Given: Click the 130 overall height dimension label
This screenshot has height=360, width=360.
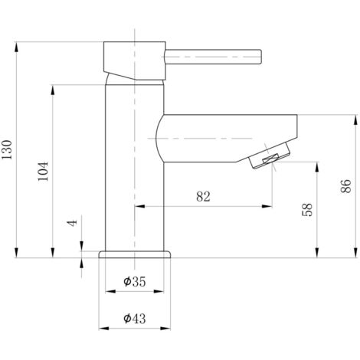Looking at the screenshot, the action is tap(7, 149).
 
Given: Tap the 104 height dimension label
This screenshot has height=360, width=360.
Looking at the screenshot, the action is tap(43, 172).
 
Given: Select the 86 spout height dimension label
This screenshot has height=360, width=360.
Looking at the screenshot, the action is tap(345, 186).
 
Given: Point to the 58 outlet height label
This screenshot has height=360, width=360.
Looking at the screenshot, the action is tap(307, 210).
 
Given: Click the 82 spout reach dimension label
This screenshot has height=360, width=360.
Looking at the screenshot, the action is tap(203, 197).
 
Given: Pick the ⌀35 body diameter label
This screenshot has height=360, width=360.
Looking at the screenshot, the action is tap(135, 282).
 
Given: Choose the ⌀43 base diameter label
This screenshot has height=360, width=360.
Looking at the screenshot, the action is tap(135, 319).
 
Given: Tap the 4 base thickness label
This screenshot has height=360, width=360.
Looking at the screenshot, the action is tap(72, 223).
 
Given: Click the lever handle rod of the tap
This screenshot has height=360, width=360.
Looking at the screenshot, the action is tap(213, 57).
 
